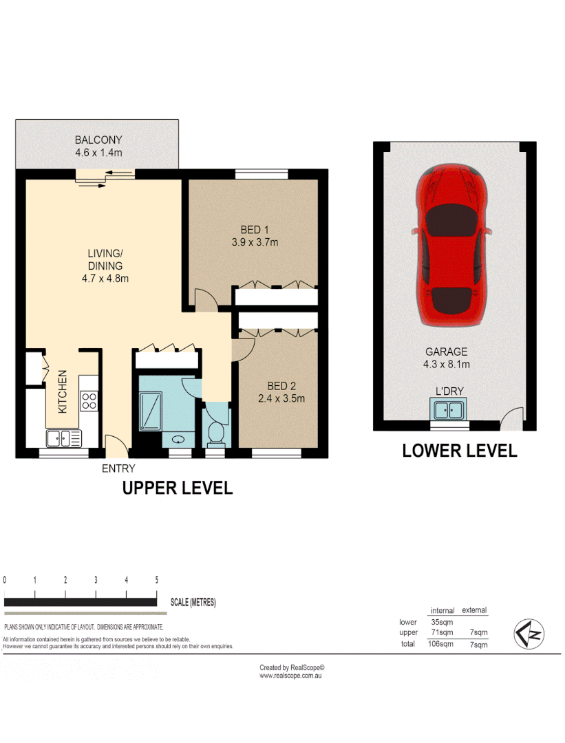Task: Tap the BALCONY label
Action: pyautogui.click(x=98, y=140)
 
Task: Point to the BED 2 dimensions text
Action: pyautogui.click(x=281, y=398)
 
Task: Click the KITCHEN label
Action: pyautogui.click(x=62, y=391)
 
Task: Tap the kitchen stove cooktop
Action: pyautogui.click(x=89, y=400)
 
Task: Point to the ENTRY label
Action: pyautogui.click(x=118, y=469)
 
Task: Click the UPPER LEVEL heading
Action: pyautogui.click(x=177, y=488)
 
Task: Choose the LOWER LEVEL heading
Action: pyautogui.click(x=459, y=451)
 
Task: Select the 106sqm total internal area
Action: pyautogui.click(x=441, y=644)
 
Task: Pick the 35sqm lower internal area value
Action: pyautogui.click(x=441, y=622)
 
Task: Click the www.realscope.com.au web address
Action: pyautogui.click(x=291, y=676)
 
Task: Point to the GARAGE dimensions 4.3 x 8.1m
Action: pyautogui.click(x=447, y=365)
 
